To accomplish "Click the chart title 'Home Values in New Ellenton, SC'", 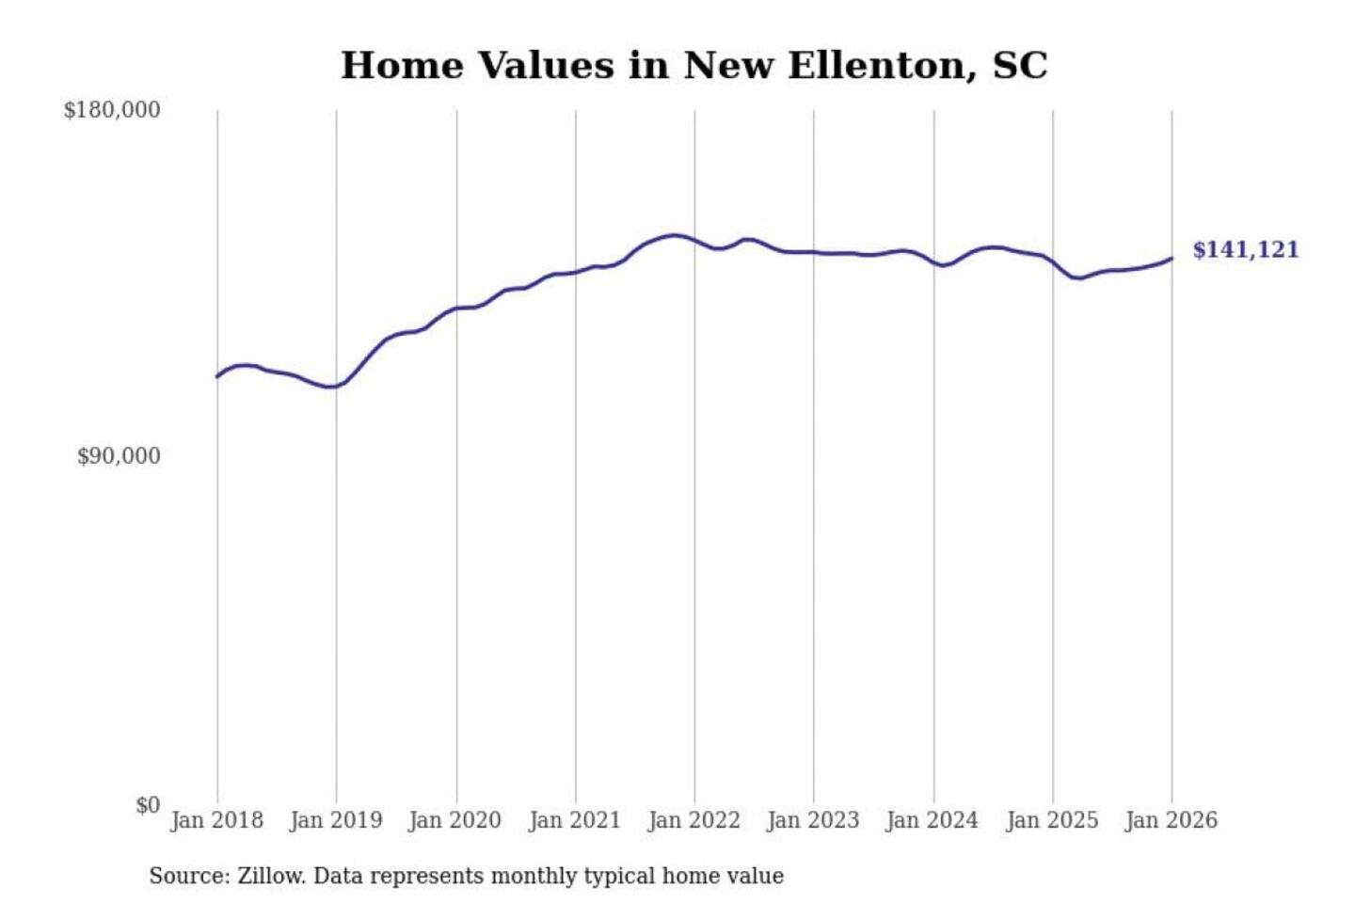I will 693,65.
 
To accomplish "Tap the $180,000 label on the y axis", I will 112,110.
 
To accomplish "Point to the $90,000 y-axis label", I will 119,456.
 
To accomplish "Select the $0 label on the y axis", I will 148,805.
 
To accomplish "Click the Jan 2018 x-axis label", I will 216,820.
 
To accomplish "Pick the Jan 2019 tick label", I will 336,820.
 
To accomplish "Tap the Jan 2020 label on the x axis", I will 455,820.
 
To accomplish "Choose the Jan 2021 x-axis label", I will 575,820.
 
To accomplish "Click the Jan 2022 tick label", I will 694,820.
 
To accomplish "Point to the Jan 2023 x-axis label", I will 814,820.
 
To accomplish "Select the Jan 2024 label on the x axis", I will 933,820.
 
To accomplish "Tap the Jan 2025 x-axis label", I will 1052,820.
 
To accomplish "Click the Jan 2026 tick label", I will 1172,820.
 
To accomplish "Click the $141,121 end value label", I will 1245,250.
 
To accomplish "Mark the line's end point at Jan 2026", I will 1172,258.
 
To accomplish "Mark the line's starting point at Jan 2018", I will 217,376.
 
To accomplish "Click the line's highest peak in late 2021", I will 674,235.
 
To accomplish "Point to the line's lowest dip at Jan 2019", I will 330,387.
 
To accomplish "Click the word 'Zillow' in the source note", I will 271,877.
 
